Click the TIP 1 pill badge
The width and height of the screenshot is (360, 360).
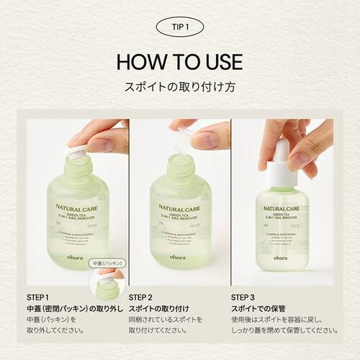179,27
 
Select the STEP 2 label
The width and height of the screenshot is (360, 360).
141,296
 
